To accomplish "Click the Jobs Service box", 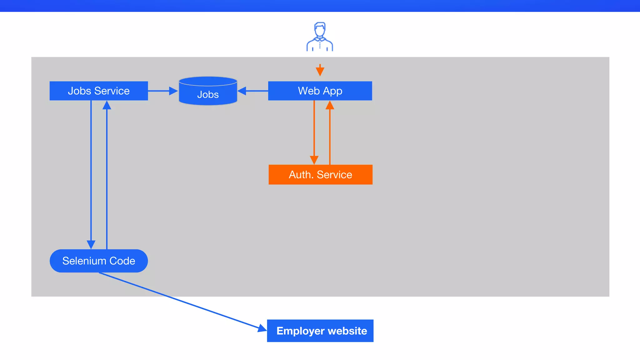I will [99, 91].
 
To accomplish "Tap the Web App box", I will [320, 91].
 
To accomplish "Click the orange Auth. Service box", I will [320, 175].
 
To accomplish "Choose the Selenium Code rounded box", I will [99, 261].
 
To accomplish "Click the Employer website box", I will [320, 331].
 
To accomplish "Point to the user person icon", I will [320, 37].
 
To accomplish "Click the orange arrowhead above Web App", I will [320, 72].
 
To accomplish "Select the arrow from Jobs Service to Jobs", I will [162, 91].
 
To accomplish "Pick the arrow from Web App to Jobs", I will [253, 91].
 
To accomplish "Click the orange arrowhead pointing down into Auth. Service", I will [314, 160].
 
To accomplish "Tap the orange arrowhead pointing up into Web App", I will [330, 105].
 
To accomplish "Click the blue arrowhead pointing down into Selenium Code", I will [91, 244].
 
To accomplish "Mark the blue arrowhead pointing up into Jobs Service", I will [107, 105].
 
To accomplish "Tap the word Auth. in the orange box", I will [301, 175].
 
